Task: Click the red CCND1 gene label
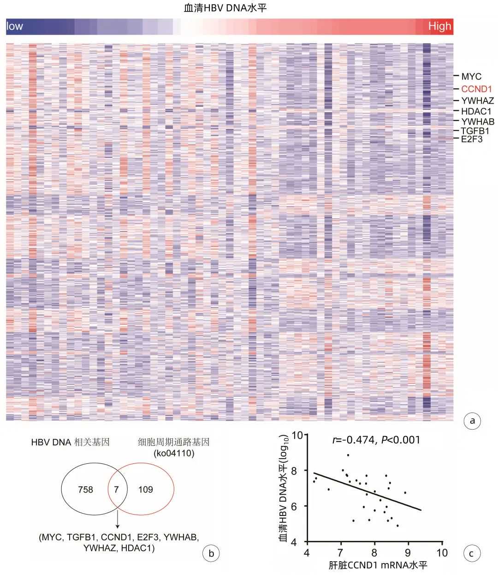(477, 89)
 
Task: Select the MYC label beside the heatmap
(471, 77)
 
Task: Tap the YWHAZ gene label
(478, 101)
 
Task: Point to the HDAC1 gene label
(476, 111)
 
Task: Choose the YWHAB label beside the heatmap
(478, 122)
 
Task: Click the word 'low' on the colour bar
(15, 26)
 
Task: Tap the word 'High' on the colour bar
(439, 26)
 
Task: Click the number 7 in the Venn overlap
(116, 489)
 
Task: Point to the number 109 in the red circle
(146, 489)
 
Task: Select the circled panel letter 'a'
(471, 420)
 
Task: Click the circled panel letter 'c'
(471, 553)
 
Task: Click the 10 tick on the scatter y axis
(298, 435)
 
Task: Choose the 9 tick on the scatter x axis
(408, 552)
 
